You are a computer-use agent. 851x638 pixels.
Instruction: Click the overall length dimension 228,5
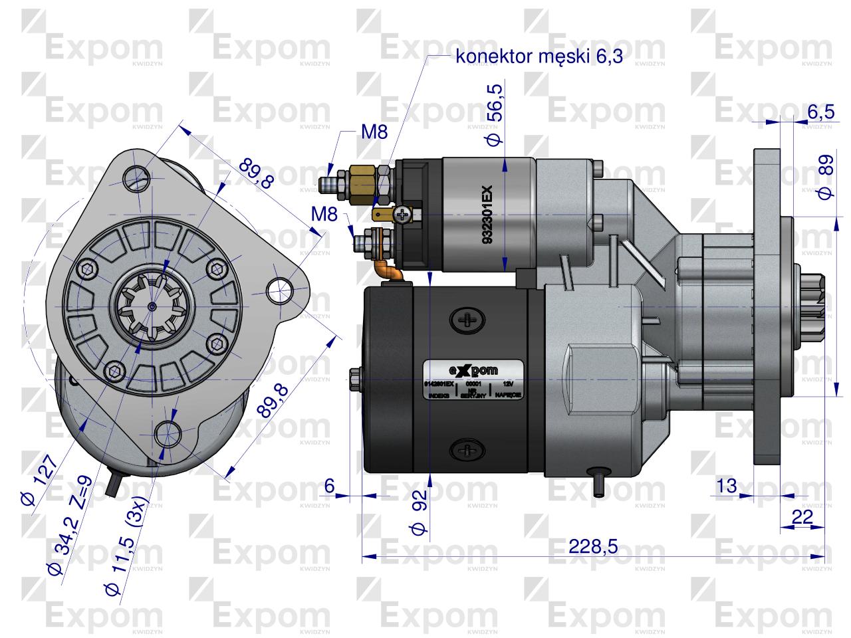(x=594, y=546)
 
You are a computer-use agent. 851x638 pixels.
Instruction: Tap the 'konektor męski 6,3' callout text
(x=539, y=56)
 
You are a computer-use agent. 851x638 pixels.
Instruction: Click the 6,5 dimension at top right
(x=820, y=112)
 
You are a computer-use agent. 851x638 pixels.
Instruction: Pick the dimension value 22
(x=803, y=517)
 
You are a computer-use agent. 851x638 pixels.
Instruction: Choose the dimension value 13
(x=728, y=486)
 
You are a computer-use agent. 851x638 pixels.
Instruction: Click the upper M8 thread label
(x=374, y=132)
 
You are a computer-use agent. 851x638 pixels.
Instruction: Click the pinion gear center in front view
(x=152, y=306)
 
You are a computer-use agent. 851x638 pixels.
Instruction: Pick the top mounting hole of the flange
(x=137, y=175)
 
